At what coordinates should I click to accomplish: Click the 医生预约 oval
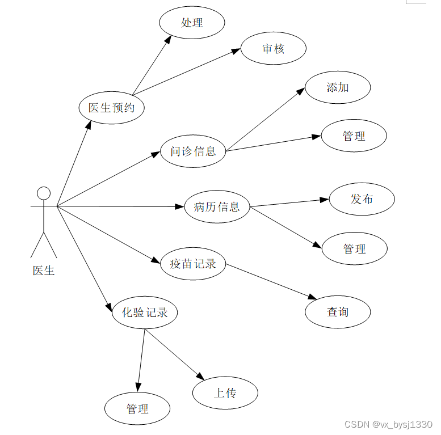point(111,108)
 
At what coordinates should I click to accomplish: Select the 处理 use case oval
point(192,23)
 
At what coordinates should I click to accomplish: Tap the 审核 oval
point(273,49)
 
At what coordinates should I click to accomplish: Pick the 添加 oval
point(338,87)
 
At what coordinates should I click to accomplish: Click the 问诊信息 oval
point(193,151)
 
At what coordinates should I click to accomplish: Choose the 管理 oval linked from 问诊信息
point(354,136)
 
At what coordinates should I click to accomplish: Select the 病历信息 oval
point(217,206)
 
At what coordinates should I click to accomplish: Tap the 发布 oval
point(362,199)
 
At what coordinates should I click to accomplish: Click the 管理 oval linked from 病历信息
point(355,248)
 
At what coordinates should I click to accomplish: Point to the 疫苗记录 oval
point(193,264)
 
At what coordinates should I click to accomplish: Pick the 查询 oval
point(338,311)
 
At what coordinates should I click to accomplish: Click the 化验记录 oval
point(145,312)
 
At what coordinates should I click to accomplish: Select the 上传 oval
point(225,393)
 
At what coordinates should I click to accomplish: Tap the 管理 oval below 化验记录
point(137,408)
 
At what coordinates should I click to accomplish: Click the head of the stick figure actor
point(44,193)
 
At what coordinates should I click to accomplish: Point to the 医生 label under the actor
point(44,271)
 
